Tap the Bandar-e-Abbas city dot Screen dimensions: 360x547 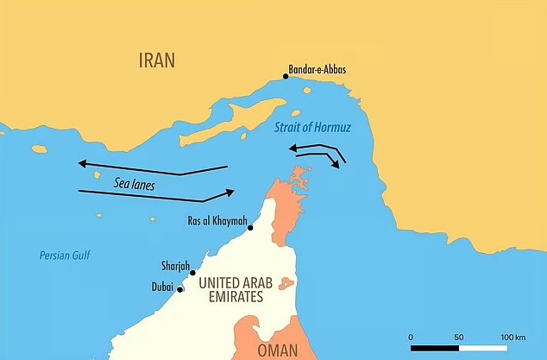coord(286,76)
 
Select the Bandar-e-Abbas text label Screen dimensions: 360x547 coord(324,69)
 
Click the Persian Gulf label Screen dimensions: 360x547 coord(65,256)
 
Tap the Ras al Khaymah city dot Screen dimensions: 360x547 coord(250,228)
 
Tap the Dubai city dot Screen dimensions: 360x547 coord(179,289)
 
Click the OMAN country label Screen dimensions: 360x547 coord(277,351)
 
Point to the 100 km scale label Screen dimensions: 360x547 coord(512,336)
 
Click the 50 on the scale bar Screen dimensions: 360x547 coord(458,336)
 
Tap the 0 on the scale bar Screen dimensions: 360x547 coord(411,336)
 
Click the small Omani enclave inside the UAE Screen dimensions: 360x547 coord(286,284)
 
